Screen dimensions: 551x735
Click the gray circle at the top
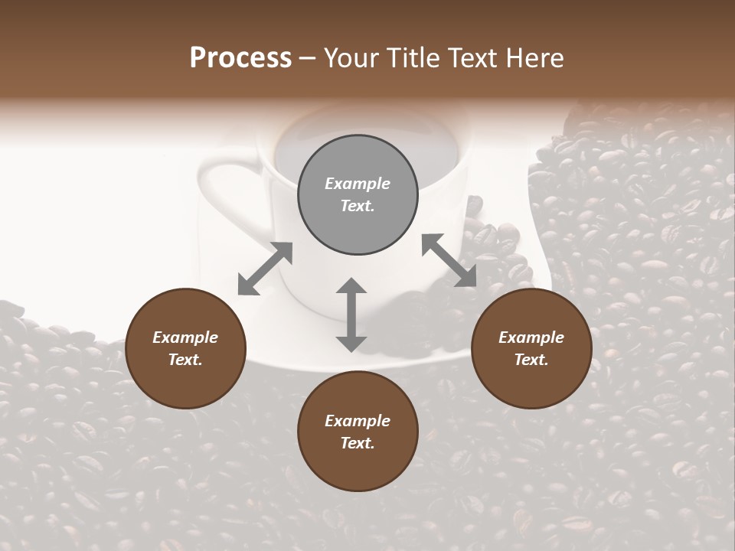(358, 195)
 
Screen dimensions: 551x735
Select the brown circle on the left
(185, 348)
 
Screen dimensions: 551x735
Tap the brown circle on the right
(531, 348)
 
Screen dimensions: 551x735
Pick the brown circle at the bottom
(358, 432)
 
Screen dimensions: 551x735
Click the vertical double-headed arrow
(351, 315)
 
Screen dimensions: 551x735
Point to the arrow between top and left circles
(265, 269)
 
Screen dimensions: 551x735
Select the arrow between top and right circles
(449, 260)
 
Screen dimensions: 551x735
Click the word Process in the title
(240, 58)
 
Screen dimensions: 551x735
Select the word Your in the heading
(350, 58)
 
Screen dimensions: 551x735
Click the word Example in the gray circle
(358, 184)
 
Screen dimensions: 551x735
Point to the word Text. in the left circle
(185, 360)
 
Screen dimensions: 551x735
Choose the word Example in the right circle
(531, 337)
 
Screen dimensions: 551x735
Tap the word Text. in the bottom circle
(358, 443)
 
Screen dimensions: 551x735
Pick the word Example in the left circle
(185, 337)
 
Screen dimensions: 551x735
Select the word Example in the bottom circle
(358, 421)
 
